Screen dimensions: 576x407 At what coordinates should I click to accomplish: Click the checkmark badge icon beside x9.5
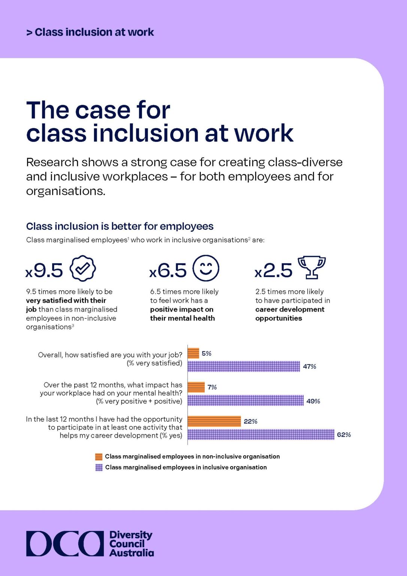click(83, 268)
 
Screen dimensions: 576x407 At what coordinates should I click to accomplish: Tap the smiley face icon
click(206, 268)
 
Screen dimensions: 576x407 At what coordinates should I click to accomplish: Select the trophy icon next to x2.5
click(311, 268)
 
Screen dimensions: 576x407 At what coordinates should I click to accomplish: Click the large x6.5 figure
click(168, 270)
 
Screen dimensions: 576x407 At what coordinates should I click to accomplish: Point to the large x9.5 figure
click(45, 270)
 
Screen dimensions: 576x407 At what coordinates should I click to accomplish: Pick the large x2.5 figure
click(274, 270)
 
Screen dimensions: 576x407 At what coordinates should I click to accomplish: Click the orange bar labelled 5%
click(193, 353)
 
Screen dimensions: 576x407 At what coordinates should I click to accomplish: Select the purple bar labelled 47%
click(244, 366)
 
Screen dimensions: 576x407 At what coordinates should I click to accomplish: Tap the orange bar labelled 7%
click(196, 387)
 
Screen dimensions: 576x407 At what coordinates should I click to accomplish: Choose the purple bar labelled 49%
click(245, 400)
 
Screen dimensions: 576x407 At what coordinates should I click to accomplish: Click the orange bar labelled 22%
click(214, 421)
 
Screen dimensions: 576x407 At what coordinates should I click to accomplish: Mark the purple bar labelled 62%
click(261, 435)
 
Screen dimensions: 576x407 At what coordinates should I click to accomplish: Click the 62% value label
click(344, 435)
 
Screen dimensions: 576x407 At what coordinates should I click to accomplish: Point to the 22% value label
click(250, 421)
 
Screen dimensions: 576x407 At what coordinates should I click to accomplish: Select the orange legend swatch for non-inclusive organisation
click(99, 456)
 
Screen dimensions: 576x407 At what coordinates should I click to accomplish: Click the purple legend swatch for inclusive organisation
click(99, 467)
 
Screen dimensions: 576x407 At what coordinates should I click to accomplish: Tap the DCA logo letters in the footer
click(65, 543)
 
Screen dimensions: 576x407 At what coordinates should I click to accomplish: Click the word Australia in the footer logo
click(132, 553)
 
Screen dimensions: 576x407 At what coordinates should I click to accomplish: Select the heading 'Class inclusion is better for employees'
click(120, 226)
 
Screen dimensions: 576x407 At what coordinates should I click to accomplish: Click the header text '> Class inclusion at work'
click(90, 32)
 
